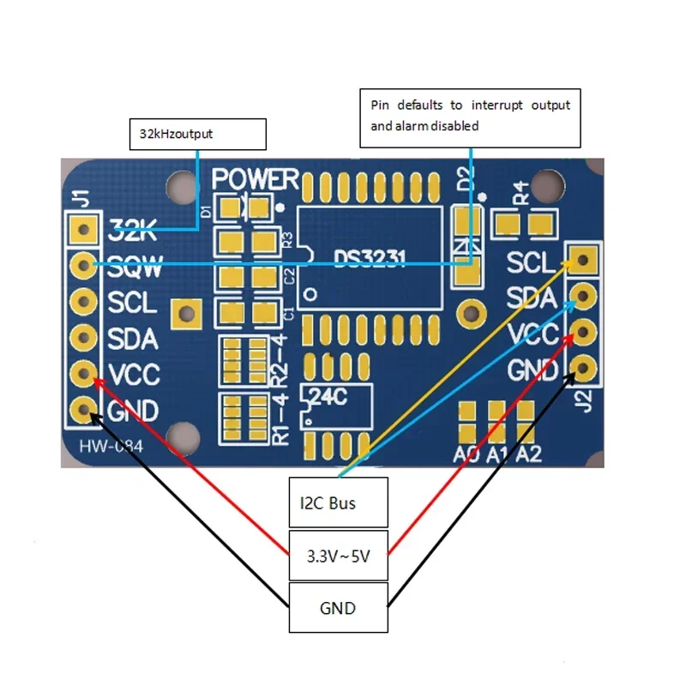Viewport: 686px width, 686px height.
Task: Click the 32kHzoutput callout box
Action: pos(197,135)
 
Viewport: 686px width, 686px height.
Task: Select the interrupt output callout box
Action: pos(470,117)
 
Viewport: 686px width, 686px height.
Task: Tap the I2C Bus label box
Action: pos(339,502)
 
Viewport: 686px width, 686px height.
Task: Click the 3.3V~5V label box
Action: pos(339,555)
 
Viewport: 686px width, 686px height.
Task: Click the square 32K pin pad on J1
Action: pos(83,228)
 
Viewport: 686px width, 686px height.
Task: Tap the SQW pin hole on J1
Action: pos(83,265)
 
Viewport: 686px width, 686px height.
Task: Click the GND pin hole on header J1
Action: pos(83,409)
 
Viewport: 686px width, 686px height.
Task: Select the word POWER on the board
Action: pos(256,179)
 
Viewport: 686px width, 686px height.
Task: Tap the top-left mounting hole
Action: pos(182,183)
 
